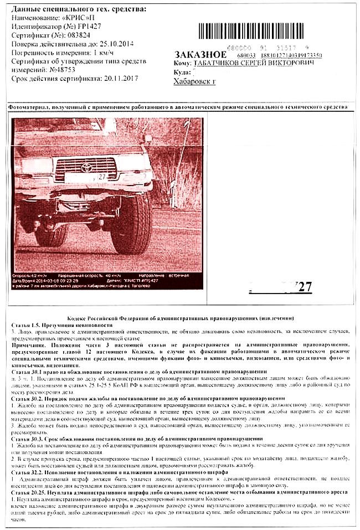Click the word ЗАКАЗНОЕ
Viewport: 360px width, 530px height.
click(200, 55)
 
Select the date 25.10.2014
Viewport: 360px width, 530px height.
click(114, 44)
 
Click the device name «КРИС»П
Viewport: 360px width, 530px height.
click(86, 18)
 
